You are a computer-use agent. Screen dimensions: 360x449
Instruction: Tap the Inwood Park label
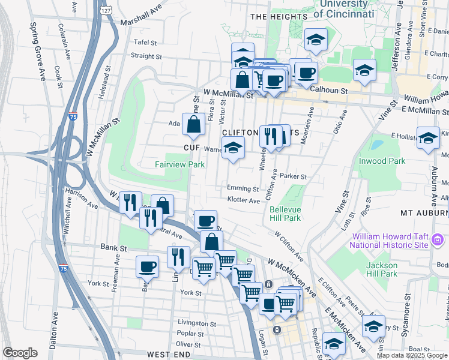[381, 161]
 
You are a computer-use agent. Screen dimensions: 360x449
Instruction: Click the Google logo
[20, 353]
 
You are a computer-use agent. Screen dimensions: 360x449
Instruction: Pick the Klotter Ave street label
[243, 200]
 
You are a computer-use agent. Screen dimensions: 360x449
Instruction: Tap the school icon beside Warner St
[233, 147]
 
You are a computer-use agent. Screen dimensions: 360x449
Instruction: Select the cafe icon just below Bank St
[147, 266]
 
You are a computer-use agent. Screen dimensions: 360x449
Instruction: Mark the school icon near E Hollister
[428, 140]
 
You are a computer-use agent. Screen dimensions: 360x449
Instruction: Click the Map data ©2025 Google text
[412, 355]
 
